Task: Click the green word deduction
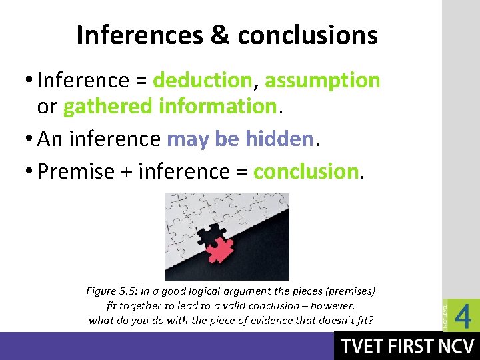pyautogui.click(x=202, y=81)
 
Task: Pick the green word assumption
pyautogui.click(x=323, y=81)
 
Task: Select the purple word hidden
pyautogui.click(x=279, y=139)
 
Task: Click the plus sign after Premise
pyautogui.click(x=125, y=172)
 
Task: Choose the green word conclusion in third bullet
pyautogui.click(x=306, y=171)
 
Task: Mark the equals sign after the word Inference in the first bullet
pyautogui.click(x=140, y=81)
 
